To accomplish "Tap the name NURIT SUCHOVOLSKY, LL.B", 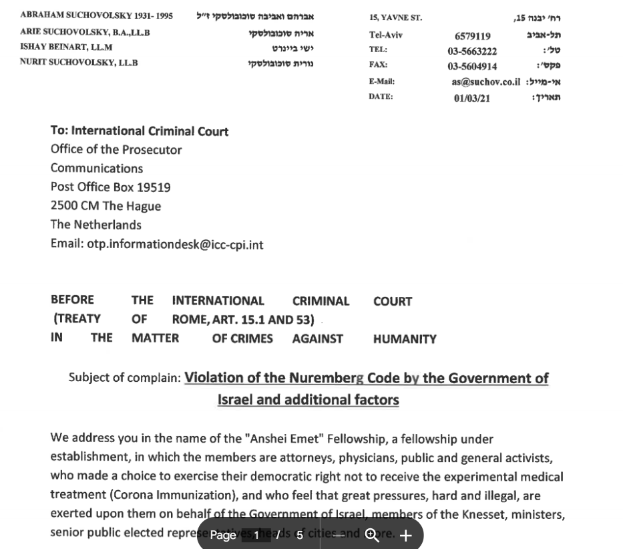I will [x=79, y=63].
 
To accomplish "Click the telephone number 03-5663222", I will [x=472, y=51].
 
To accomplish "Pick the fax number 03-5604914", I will [x=472, y=66].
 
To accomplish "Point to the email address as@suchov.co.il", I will [x=485, y=82].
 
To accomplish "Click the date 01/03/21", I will [x=472, y=98].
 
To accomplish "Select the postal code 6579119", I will [x=472, y=37].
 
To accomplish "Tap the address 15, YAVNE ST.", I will [x=395, y=18].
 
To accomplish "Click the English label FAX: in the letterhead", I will [x=378, y=65].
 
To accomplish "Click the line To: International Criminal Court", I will [x=140, y=131].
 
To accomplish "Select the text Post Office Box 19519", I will [x=110, y=187].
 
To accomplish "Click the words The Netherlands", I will [x=96, y=225].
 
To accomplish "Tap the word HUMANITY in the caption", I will [x=405, y=339].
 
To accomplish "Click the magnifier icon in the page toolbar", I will [x=373, y=536].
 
